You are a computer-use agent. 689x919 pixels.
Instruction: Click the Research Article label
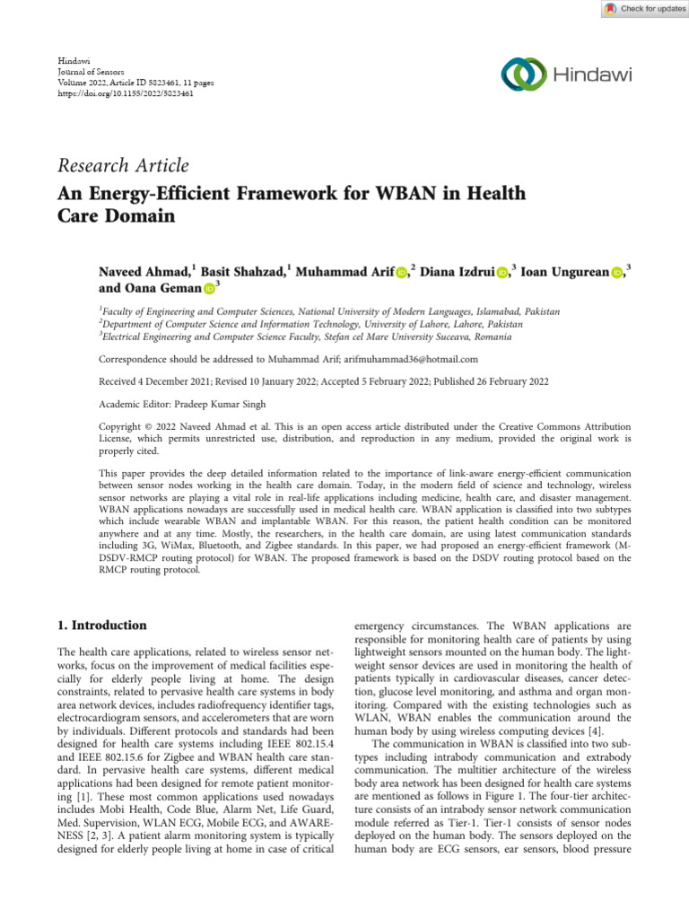coord(123,165)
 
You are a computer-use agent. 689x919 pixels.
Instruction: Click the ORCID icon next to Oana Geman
coord(209,289)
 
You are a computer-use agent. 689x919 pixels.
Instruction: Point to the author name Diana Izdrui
coord(457,272)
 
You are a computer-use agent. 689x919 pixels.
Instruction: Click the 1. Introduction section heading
coord(101,626)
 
